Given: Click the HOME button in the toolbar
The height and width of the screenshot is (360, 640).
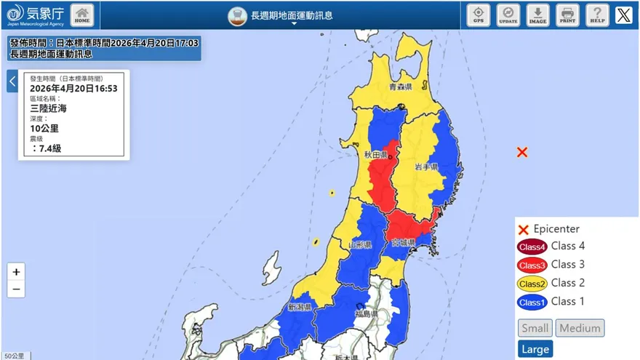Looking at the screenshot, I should (x=82, y=15).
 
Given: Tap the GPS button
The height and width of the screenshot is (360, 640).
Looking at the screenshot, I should (x=478, y=15).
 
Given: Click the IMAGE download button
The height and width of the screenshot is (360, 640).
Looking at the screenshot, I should (x=537, y=15).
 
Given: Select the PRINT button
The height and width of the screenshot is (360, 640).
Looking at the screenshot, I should (x=567, y=15).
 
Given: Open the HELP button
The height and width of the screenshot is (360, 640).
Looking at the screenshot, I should (x=597, y=15).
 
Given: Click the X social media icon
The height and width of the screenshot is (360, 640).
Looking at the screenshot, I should (x=623, y=15).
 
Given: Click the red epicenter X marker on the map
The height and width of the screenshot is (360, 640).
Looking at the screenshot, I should (x=522, y=152).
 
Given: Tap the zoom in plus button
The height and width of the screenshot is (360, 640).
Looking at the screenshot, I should (x=16, y=272).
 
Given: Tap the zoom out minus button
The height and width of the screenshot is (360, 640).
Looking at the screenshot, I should (x=16, y=289).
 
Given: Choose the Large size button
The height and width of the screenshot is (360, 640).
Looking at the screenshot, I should (x=535, y=349).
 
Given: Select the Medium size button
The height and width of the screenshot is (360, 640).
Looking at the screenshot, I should (x=580, y=328).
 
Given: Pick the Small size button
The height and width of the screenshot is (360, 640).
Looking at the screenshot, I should (x=535, y=328).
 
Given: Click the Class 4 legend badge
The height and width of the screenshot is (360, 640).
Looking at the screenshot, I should (x=532, y=247).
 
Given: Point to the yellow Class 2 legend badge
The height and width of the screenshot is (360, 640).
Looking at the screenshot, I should (x=532, y=284).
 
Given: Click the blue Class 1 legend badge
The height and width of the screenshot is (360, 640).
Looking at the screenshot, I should (x=532, y=302).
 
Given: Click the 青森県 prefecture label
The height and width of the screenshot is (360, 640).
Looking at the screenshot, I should (x=400, y=87).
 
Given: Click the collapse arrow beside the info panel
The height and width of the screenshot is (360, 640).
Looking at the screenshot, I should (x=12, y=81).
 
